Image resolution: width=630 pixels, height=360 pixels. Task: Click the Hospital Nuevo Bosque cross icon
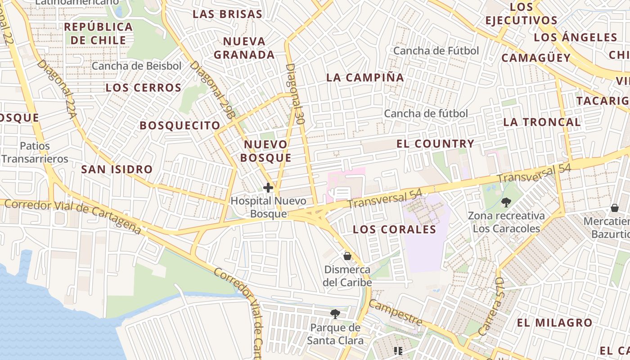click(268, 187)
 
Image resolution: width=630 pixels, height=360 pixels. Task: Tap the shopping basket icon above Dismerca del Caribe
click(347, 256)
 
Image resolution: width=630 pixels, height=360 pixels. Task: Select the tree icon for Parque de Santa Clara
click(335, 314)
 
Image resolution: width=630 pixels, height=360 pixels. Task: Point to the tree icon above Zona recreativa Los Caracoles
click(506, 202)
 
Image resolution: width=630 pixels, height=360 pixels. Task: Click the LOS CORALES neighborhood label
click(394, 229)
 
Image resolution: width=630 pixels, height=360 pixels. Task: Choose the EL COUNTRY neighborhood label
click(435, 144)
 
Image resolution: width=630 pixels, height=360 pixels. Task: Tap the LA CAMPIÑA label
click(365, 77)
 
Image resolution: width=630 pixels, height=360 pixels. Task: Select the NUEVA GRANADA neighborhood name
click(244, 48)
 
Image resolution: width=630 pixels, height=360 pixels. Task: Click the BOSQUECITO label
click(180, 126)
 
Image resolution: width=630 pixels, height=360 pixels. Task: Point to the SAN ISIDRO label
click(117, 170)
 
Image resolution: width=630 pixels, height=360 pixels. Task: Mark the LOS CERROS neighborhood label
click(144, 88)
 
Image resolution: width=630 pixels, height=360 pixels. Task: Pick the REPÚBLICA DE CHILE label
click(99, 33)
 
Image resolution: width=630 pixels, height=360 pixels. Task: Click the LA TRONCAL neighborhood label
click(542, 122)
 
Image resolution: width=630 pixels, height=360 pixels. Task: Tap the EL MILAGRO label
click(554, 323)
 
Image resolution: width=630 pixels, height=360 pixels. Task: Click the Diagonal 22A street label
click(57, 89)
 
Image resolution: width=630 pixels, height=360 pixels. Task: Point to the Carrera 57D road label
click(491, 314)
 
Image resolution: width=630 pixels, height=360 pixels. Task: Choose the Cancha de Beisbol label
click(137, 66)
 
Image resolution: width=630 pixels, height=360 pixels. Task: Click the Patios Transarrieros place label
click(35, 153)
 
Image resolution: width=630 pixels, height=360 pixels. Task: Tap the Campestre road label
click(396, 313)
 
